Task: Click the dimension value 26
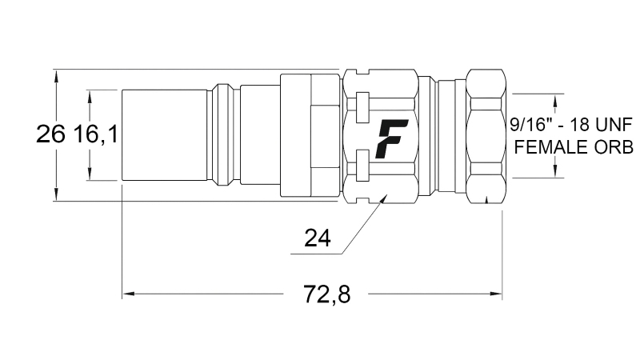[x=50, y=134]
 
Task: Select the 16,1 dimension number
[x=96, y=134]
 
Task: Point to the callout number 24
[x=318, y=238]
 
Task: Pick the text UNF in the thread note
[x=610, y=124]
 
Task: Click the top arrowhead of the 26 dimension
[x=56, y=74]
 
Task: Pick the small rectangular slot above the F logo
[x=362, y=104]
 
